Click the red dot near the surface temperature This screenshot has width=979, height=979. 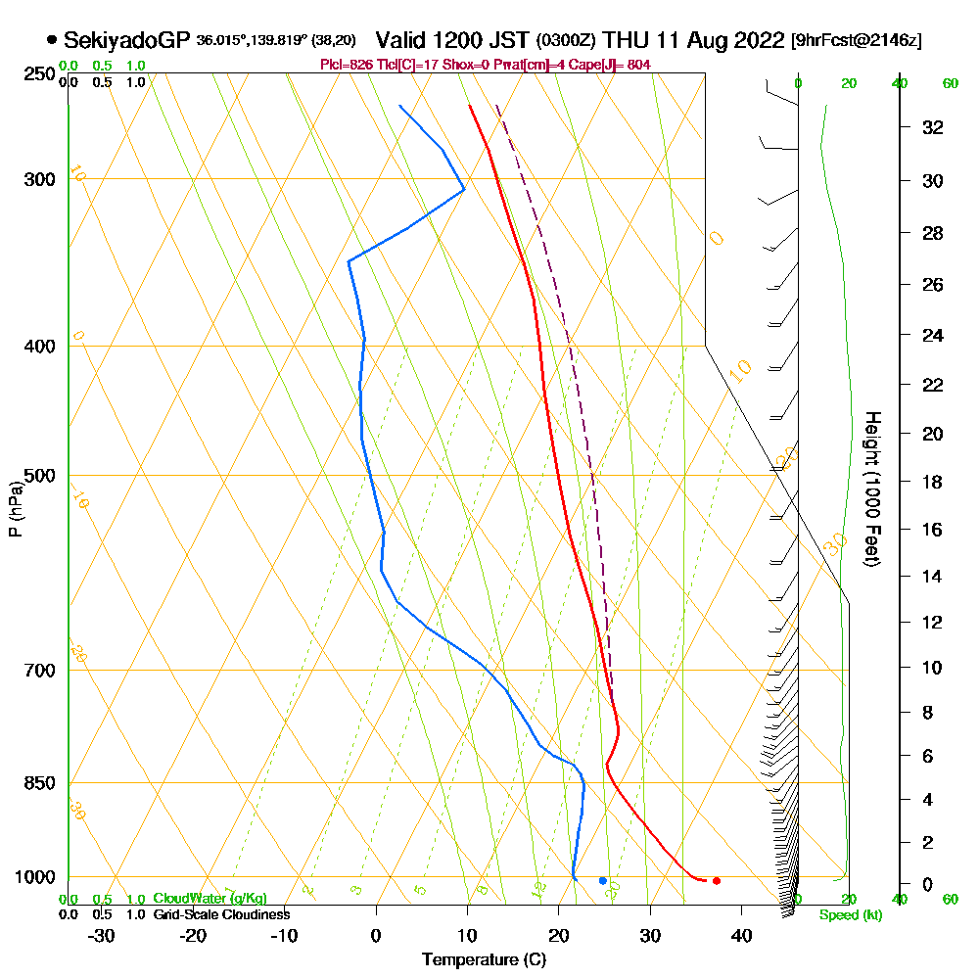tap(717, 881)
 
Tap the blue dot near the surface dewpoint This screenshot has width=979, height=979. tap(602, 881)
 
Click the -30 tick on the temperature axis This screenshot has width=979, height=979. tap(101, 936)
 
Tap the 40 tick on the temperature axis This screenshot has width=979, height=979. tap(741, 936)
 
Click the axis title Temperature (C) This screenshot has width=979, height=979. tap(484, 959)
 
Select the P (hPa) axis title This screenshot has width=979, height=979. tap(15, 509)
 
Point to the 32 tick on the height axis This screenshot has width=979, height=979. tap(933, 127)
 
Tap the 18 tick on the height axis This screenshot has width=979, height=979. tap(933, 482)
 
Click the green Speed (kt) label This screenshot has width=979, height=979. tap(846, 915)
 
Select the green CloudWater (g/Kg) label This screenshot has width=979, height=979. tap(210, 899)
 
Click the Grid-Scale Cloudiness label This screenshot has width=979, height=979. tap(221, 914)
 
